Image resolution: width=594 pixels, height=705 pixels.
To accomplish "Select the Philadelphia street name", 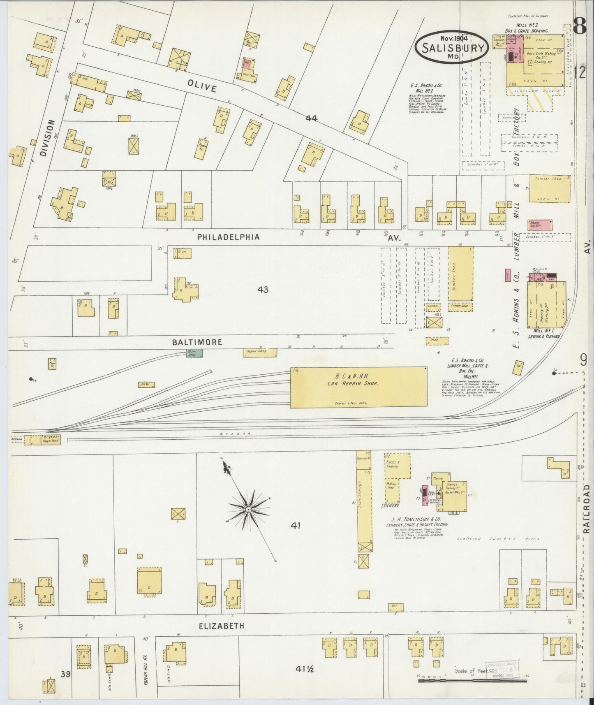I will tap(228, 237).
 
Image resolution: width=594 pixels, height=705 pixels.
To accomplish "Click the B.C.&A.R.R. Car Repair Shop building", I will tap(358, 387).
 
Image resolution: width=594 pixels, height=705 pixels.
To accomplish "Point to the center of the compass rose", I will tap(248, 510).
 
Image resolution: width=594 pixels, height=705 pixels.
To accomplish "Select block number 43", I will tap(263, 290).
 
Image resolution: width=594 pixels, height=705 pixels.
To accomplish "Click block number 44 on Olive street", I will tap(311, 118).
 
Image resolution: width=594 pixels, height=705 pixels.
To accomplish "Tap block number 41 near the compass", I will tap(296, 525).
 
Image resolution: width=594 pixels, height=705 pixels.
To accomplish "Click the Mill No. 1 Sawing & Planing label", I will tap(545, 333).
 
